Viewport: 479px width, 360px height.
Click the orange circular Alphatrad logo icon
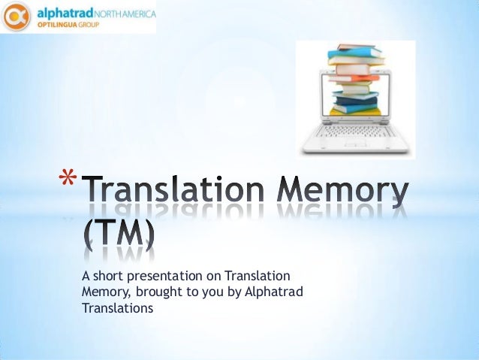pos(17,17)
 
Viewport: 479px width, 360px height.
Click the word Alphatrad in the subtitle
pos(274,292)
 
